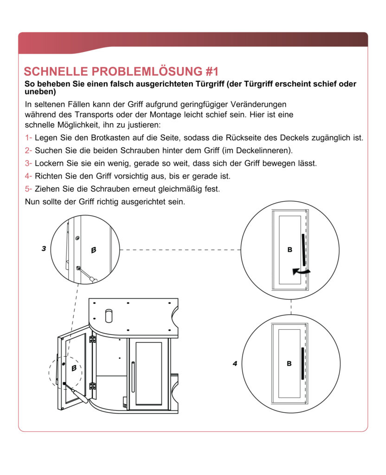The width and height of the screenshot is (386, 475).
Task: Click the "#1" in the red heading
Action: click(208, 72)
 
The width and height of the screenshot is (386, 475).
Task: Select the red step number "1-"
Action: click(28, 138)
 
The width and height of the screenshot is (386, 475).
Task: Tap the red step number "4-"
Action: click(28, 176)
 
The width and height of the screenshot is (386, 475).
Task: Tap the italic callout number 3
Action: click(44, 249)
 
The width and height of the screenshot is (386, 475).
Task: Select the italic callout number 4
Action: click(235, 364)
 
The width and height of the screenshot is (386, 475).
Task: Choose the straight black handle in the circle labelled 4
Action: click(302, 363)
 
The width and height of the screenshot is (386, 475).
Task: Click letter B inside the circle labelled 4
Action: click(289, 364)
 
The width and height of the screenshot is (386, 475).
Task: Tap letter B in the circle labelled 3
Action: click(93, 250)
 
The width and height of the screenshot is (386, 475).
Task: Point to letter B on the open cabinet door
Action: click(74, 368)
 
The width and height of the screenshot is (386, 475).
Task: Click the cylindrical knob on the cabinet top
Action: click(109, 315)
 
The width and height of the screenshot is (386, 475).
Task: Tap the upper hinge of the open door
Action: click(93, 340)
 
